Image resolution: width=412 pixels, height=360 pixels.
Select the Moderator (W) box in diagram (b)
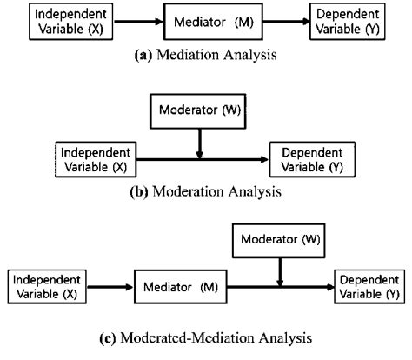point(200,111)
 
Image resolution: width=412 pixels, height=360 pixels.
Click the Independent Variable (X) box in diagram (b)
point(95,158)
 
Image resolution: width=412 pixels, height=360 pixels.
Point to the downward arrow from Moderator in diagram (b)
point(200,141)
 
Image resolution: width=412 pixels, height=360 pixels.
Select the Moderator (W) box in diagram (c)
point(279,237)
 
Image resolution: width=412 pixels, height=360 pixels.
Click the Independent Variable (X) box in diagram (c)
point(47,286)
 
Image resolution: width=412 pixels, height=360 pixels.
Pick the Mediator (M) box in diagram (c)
point(183,286)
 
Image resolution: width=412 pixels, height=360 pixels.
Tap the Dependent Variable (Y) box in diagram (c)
point(369,286)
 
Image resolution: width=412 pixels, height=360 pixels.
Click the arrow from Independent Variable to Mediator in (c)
point(108,286)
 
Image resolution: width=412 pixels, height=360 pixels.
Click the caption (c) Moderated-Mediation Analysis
point(207,338)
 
